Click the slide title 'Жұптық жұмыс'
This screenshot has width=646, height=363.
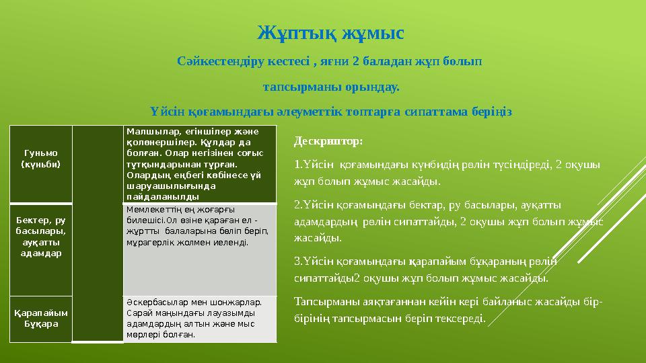(330, 32)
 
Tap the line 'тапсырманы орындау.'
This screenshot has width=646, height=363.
(330, 87)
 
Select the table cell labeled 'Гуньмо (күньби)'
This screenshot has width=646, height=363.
(41, 158)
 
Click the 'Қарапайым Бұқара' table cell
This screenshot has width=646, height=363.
(41, 318)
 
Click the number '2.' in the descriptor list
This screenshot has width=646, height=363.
(299, 204)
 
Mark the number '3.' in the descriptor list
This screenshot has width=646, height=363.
(299, 261)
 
